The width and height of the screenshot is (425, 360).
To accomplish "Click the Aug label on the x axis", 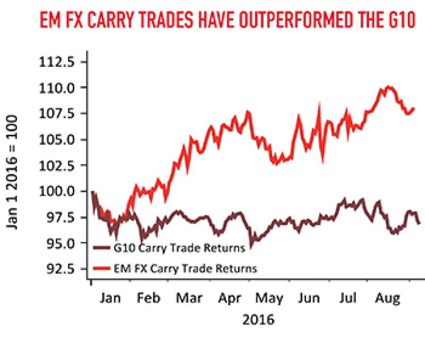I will coord(388,298).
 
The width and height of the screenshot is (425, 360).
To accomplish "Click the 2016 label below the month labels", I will coord(258,320).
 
